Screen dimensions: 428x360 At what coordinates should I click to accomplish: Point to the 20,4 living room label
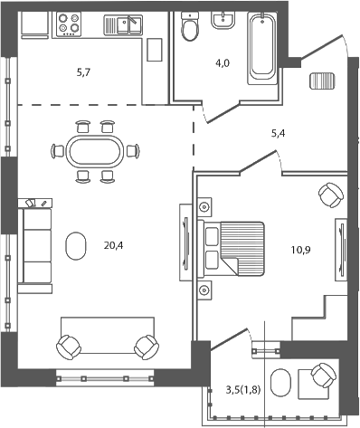click(114, 244)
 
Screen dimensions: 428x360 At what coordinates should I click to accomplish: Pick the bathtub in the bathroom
click(261, 44)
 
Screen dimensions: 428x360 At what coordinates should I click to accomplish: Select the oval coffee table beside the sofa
click(76, 244)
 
